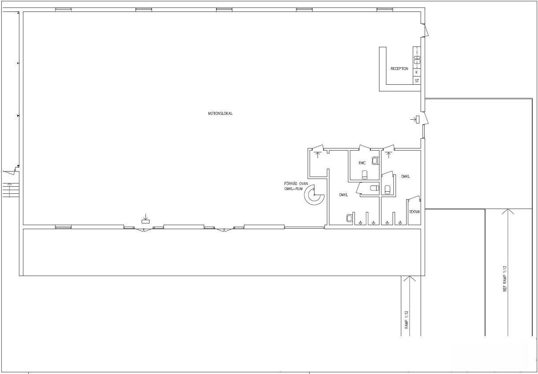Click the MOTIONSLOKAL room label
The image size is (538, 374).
click(x=220, y=113)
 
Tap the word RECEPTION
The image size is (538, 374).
click(x=399, y=68)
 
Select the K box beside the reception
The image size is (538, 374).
click(x=417, y=72)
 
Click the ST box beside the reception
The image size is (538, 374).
click(x=417, y=80)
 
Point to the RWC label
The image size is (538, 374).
click(x=362, y=163)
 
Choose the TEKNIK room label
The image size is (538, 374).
click(x=415, y=212)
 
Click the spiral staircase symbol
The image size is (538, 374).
click(x=314, y=195)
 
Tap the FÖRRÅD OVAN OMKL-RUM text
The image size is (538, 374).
click(x=296, y=186)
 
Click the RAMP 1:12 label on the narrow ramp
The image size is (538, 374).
click(x=406, y=320)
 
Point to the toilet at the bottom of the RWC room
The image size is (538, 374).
click(x=365, y=174)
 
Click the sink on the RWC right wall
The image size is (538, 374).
click(x=375, y=160)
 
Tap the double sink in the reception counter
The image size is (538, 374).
click(x=418, y=60)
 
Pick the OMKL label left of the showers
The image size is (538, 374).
click(x=343, y=195)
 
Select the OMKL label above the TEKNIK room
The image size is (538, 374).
click(x=405, y=176)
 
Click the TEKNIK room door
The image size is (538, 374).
click(x=414, y=199)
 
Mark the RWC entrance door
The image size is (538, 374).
click(x=365, y=147)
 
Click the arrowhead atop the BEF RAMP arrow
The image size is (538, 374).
click(x=508, y=211)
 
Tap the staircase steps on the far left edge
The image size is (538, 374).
click(x=11, y=190)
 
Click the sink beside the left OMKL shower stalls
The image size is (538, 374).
click(x=349, y=218)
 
